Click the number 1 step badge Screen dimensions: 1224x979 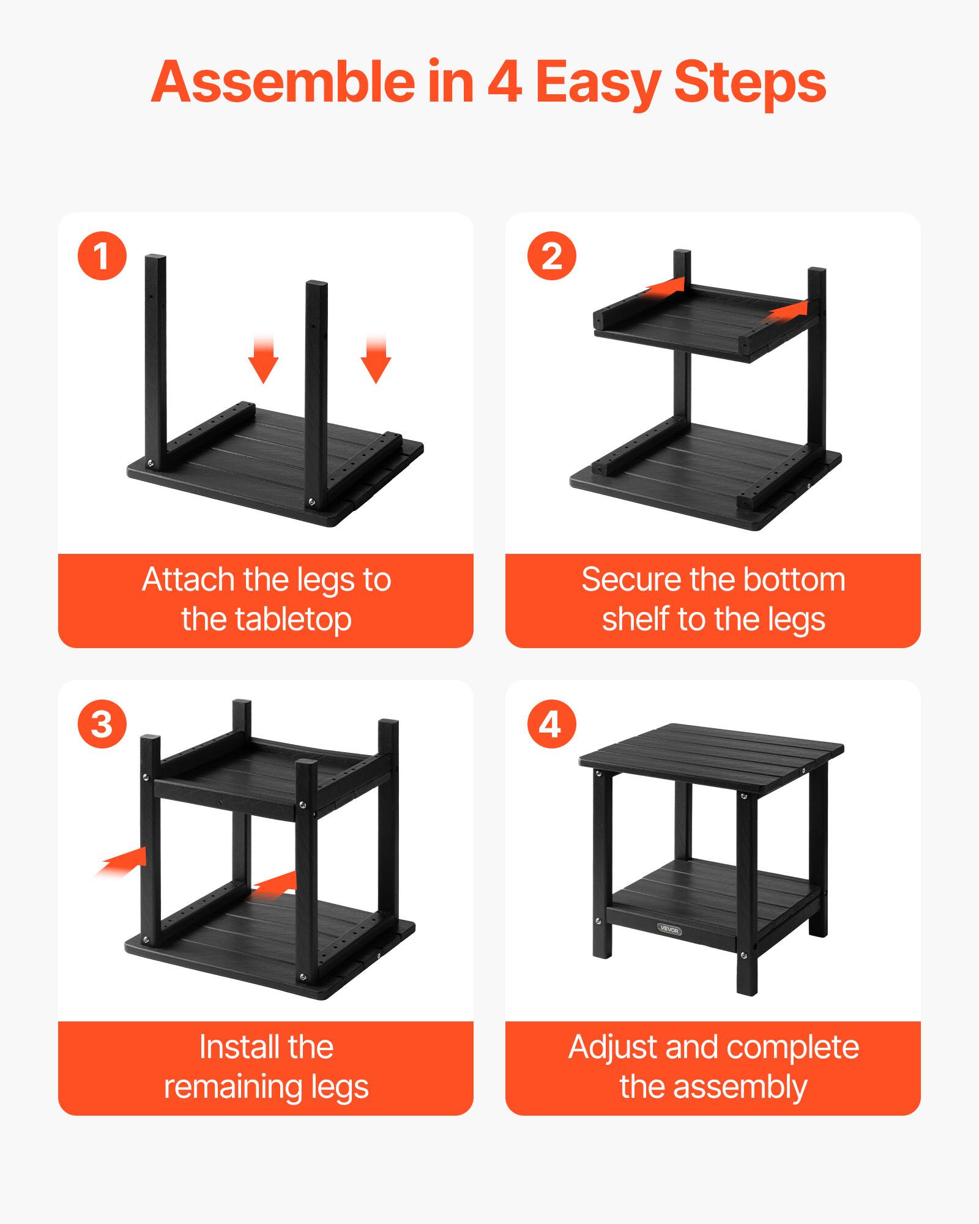click(x=102, y=256)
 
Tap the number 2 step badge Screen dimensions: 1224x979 click(x=551, y=256)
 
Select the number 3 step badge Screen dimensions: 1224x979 click(x=102, y=724)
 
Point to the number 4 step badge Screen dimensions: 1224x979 click(x=551, y=724)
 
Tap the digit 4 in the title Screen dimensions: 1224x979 click(x=504, y=82)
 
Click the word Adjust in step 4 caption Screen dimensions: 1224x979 click(x=612, y=1048)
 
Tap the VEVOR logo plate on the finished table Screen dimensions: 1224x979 click(x=669, y=929)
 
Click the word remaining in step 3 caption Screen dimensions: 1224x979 click(x=234, y=1087)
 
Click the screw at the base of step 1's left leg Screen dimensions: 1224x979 click(x=151, y=465)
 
